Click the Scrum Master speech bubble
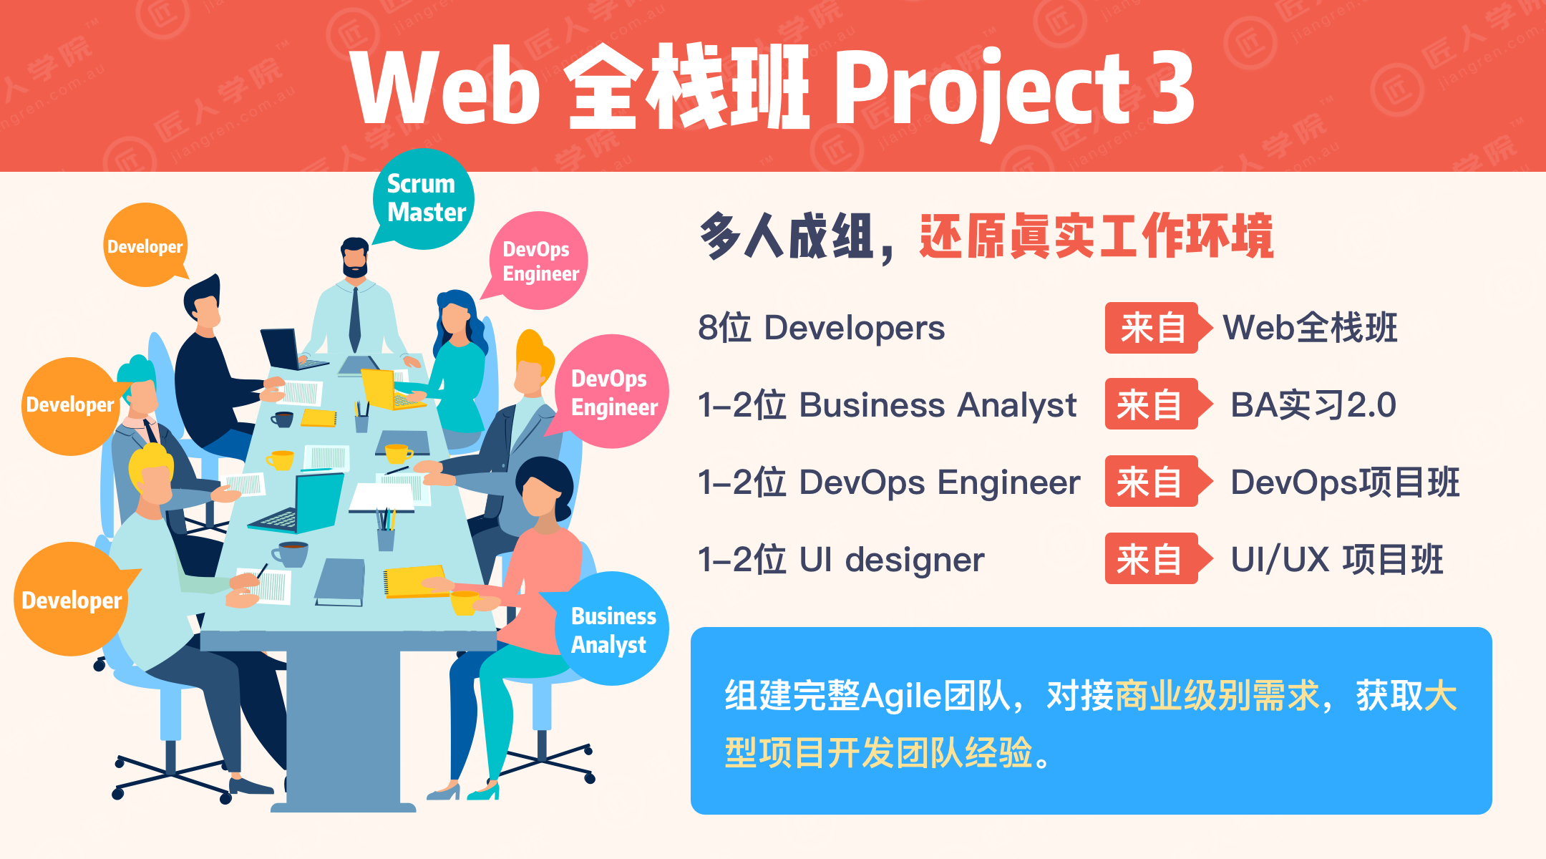pyautogui.click(x=424, y=199)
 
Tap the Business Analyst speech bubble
pyautogui.click(x=612, y=629)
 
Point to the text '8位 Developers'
pyautogui.click(x=821, y=328)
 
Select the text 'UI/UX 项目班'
pyautogui.click(x=1337, y=560)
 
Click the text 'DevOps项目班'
pyautogui.click(x=1345, y=482)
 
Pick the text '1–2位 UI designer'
pyautogui.click(x=841, y=560)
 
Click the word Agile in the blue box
pyautogui.click(x=901, y=697)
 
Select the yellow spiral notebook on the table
pyautogui.click(x=415, y=581)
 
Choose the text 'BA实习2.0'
pyautogui.click(x=1313, y=405)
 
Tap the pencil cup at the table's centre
pyautogui.click(x=386, y=530)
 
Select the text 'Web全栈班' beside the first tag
pyautogui.click(x=1310, y=328)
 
